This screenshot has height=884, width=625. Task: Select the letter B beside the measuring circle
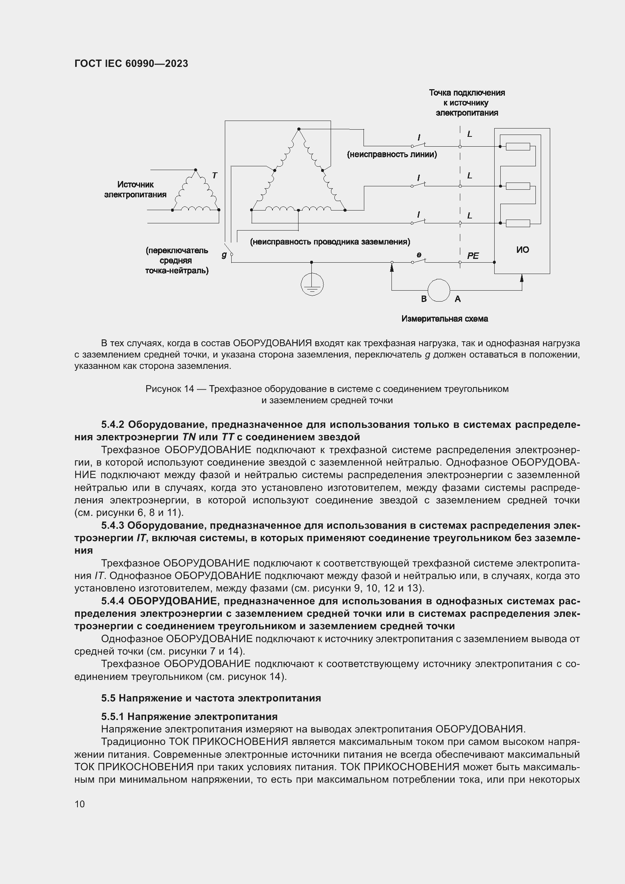pos(423,299)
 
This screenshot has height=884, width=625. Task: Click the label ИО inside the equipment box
pos(522,250)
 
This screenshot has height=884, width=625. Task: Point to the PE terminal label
pos(473,255)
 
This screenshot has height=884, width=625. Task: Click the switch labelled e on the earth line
pos(418,261)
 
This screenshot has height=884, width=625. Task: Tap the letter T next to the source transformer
pos(215,176)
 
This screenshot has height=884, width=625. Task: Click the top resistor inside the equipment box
pos(518,146)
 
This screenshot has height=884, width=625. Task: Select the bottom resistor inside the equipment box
pos(518,223)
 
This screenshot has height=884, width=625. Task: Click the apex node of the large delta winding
pos(299,129)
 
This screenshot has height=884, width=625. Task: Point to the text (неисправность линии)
pos(392,155)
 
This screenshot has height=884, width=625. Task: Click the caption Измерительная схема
pos(444,319)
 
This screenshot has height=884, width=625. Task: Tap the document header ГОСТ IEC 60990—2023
pos(131,64)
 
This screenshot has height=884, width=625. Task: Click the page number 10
pos(80,803)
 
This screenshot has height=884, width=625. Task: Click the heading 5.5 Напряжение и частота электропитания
pos(211,698)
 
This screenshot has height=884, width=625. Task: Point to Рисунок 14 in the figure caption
pos(170,389)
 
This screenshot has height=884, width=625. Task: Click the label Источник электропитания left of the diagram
pos(136,189)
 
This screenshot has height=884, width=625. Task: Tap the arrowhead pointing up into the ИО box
pos(521,277)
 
